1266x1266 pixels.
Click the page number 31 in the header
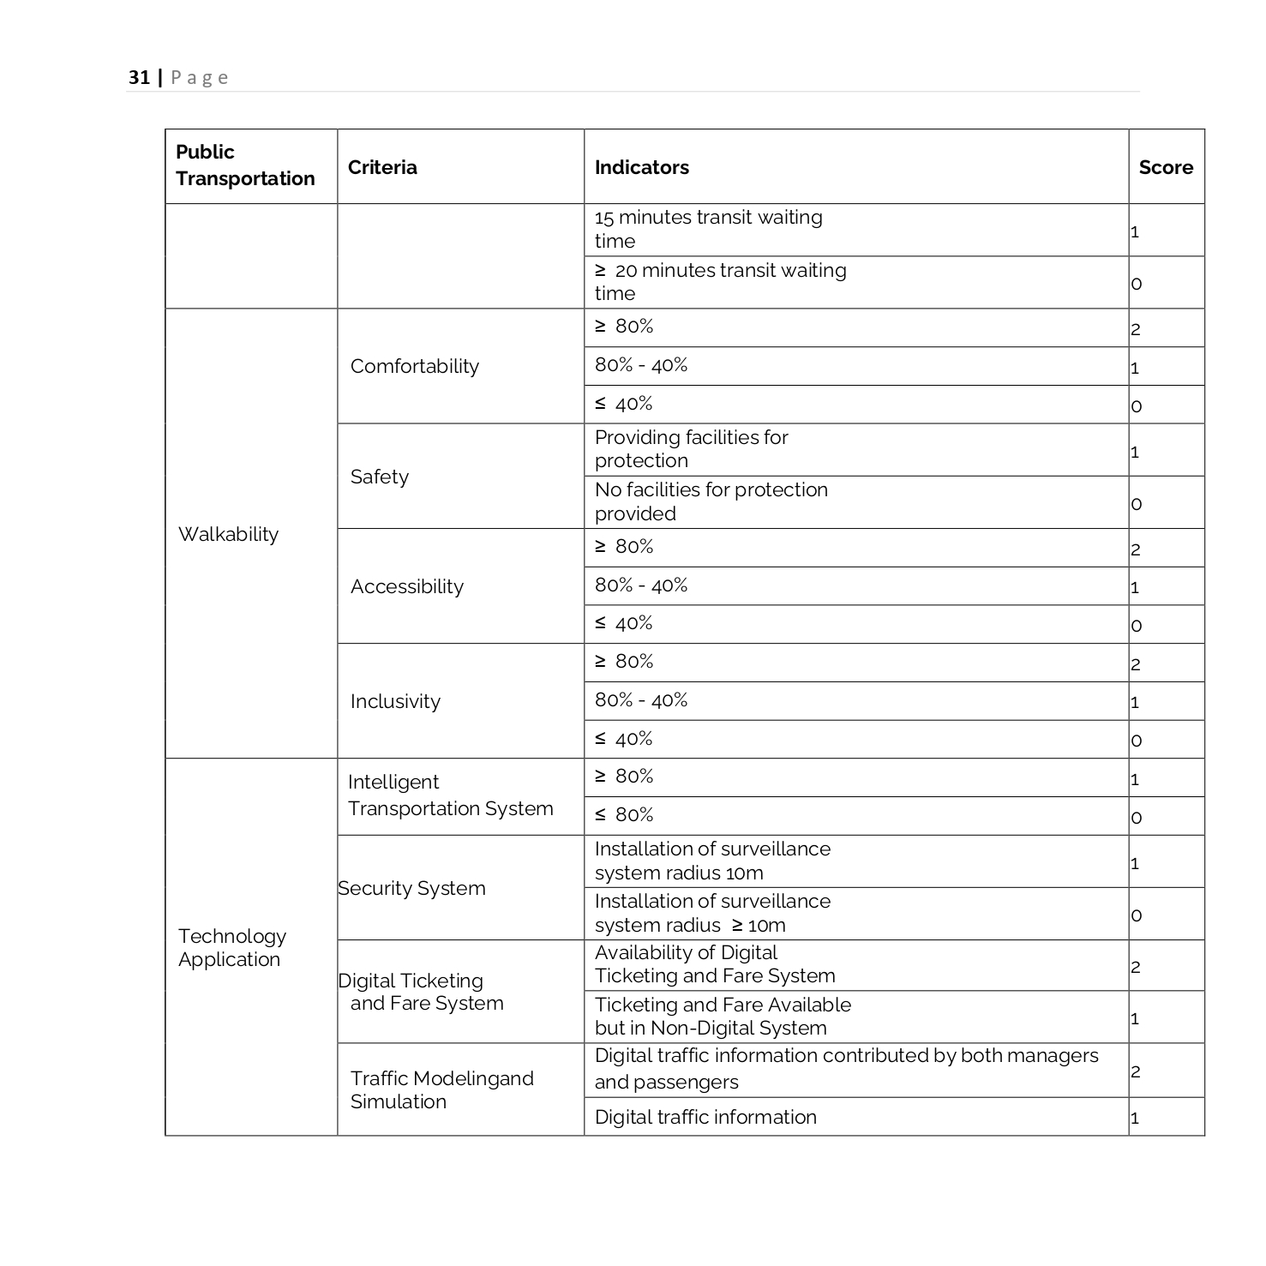click(139, 77)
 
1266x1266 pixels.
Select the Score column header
click(1166, 167)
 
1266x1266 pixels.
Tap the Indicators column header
click(642, 167)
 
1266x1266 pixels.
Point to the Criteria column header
click(382, 167)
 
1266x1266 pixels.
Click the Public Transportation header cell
click(245, 165)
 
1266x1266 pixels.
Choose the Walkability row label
click(228, 534)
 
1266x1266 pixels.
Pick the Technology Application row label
click(231, 947)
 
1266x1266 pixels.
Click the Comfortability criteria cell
click(415, 366)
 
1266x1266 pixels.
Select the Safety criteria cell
click(380, 477)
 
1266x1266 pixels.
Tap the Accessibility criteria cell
click(407, 586)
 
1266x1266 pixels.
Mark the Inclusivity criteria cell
click(395, 701)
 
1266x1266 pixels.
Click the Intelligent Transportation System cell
click(450, 795)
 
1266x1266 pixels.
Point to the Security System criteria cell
click(412, 888)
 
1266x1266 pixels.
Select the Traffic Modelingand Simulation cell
click(441, 1089)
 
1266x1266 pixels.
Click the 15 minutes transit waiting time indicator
click(708, 229)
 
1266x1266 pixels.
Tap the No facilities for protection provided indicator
click(711, 501)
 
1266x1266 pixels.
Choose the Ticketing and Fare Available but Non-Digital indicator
click(723, 1016)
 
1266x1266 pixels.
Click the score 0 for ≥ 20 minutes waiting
click(1137, 284)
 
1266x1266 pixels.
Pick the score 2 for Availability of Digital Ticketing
click(1136, 967)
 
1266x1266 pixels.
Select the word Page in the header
click(200, 77)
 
